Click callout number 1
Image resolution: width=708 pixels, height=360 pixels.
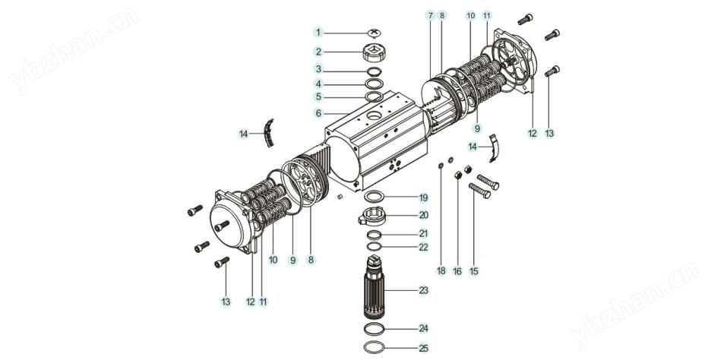point(320,33)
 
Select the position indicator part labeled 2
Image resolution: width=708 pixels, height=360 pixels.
point(374,52)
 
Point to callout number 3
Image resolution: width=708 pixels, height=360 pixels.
point(320,69)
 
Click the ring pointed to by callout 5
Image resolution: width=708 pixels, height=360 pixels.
point(375,96)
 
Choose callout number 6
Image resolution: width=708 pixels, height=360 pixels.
point(320,112)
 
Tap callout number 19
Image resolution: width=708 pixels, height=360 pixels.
point(424,197)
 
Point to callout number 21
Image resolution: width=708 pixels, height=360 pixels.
point(424,233)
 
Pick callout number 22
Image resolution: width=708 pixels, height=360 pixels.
point(424,246)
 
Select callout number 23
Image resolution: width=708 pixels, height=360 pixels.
point(424,290)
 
